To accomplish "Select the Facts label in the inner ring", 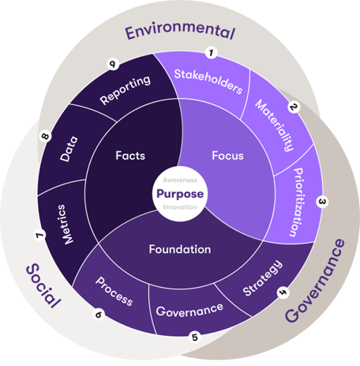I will (x=130, y=156).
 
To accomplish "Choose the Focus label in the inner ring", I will (x=227, y=156).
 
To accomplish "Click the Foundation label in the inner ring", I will (x=180, y=249).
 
